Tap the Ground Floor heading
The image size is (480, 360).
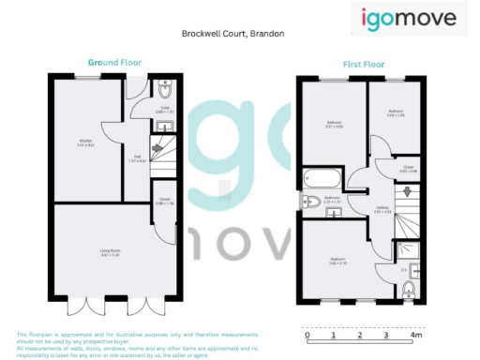click(103, 62)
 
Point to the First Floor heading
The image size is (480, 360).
click(359, 66)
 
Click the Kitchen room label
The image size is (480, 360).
click(86, 142)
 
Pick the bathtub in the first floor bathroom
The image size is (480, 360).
click(320, 178)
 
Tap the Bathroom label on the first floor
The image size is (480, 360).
click(332, 199)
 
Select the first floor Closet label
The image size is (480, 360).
click(408, 170)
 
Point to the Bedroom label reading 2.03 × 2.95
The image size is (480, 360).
click(396, 114)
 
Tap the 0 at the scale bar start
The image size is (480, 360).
click(307, 335)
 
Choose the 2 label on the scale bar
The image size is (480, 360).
click(361, 335)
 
